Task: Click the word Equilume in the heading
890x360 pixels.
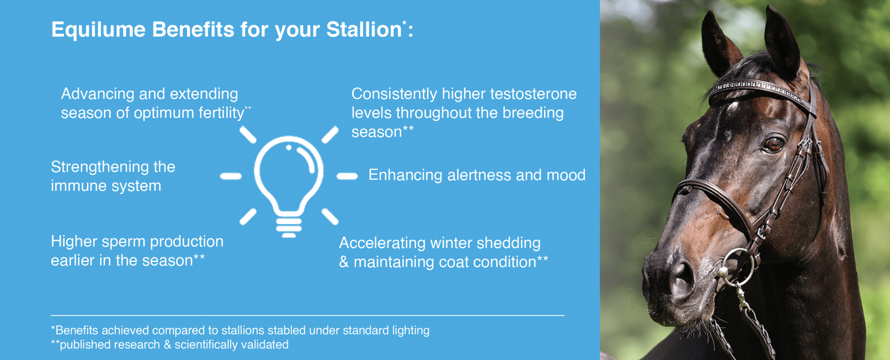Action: (x=98, y=30)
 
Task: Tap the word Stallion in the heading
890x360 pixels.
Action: (x=364, y=30)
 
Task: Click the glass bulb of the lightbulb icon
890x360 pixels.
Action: (x=289, y=173)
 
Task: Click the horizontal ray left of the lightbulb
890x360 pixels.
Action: (x=231, y=176)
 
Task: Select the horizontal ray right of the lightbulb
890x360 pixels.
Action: (x=347, y=176)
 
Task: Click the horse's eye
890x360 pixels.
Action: (x=774, y=144)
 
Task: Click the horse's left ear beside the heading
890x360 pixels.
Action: (x=719, y=43)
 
